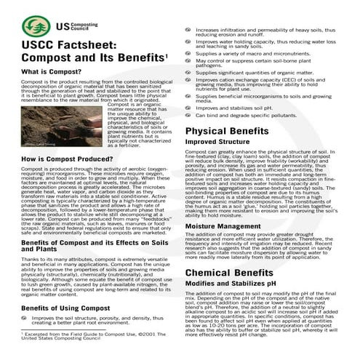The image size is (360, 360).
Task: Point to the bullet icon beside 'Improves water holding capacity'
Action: [188, 42]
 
